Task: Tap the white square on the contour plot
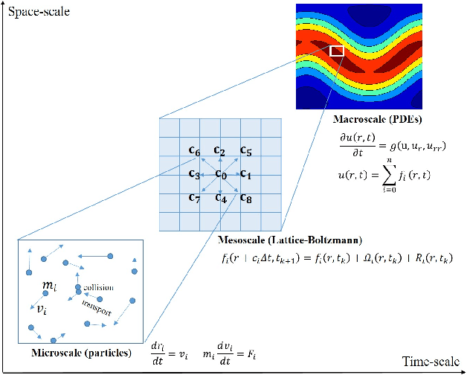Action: coord(337,51)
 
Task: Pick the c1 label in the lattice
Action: coord(246,174)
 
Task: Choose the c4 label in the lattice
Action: coord(220,197)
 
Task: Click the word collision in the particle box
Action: coord(98,286)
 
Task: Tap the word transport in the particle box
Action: coord(97,308)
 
